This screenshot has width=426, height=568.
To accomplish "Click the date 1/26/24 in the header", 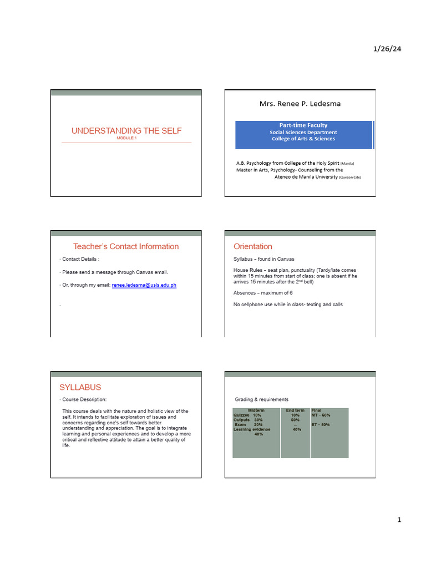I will point(387,49).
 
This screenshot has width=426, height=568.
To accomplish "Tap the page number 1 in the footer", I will point(398,520).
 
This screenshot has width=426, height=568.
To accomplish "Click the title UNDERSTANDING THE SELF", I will point(126,131).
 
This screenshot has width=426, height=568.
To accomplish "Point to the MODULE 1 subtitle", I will point(126,138).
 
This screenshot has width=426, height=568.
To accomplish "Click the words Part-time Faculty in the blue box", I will point(303,125).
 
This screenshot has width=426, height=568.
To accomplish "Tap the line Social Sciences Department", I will point(303,133).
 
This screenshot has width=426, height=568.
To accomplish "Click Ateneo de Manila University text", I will point(306,177).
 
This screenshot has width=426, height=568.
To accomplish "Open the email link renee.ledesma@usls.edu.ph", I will point(144,285).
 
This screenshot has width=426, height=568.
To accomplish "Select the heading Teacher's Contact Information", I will point(126,246).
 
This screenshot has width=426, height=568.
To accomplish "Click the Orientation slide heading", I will point(253,246).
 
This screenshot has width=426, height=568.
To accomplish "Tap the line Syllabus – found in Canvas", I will point(264,259).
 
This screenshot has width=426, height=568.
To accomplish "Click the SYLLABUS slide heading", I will point(80,387).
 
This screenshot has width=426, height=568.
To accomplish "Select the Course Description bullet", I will point(84,399).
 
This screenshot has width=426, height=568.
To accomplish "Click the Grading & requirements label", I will point(262,399).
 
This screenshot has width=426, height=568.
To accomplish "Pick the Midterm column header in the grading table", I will point(256,410).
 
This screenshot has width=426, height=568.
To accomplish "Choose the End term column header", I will point(295,410).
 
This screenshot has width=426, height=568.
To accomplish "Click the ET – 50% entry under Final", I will point(321,425).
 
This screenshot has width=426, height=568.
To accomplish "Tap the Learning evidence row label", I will point(252,429).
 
